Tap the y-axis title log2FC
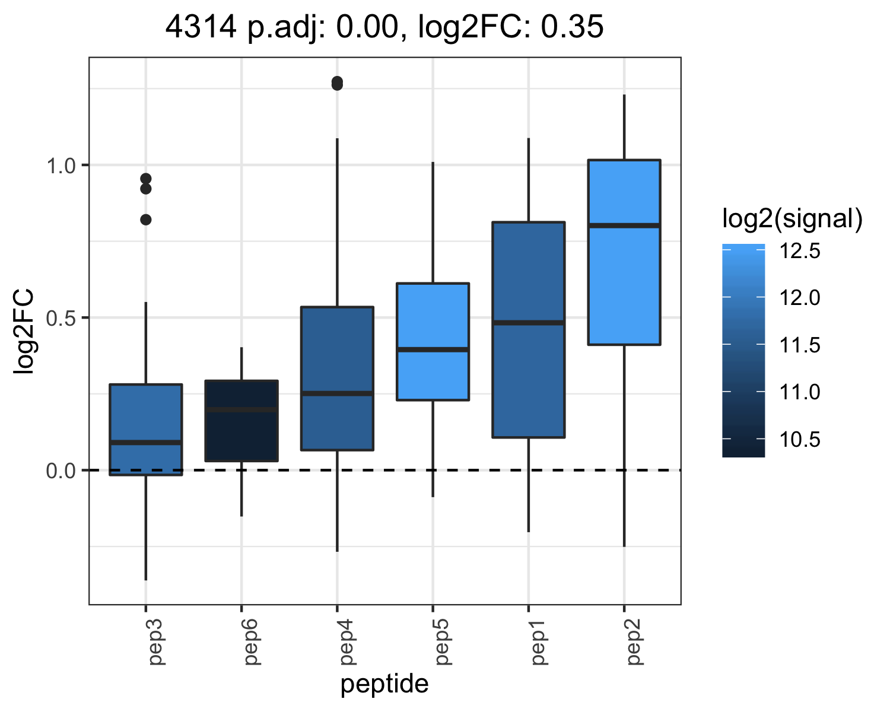pos(24,332)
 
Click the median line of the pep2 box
pos(624,225)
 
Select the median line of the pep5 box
pos(433,349)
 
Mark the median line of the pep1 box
pos(529,323)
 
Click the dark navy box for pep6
pos(241,421)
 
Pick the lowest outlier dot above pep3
pos(145,220)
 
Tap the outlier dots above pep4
pos(337,83)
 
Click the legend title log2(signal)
pos(793,218)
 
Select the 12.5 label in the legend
pos(799,251)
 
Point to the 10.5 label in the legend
pos(799,439)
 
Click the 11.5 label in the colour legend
pos(799,345)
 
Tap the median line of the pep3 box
pos(145,443)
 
